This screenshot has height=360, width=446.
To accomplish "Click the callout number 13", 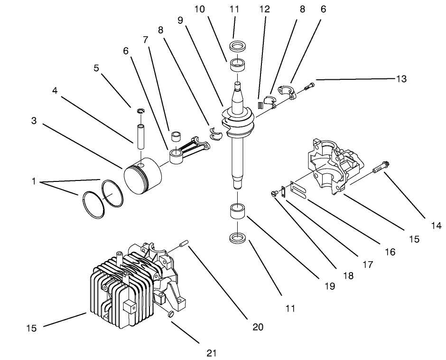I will tap(401, 79).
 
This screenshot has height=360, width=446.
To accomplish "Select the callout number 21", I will tap(212, 352).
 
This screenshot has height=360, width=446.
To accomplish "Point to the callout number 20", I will tap(258, 327).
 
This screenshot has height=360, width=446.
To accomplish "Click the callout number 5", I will tap(96, 68).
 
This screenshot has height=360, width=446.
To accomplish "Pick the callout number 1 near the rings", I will tap(34, 181).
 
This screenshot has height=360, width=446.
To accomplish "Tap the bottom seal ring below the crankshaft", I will tap(237, 237).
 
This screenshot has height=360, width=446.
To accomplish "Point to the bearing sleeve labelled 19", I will tap(237, 211).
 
